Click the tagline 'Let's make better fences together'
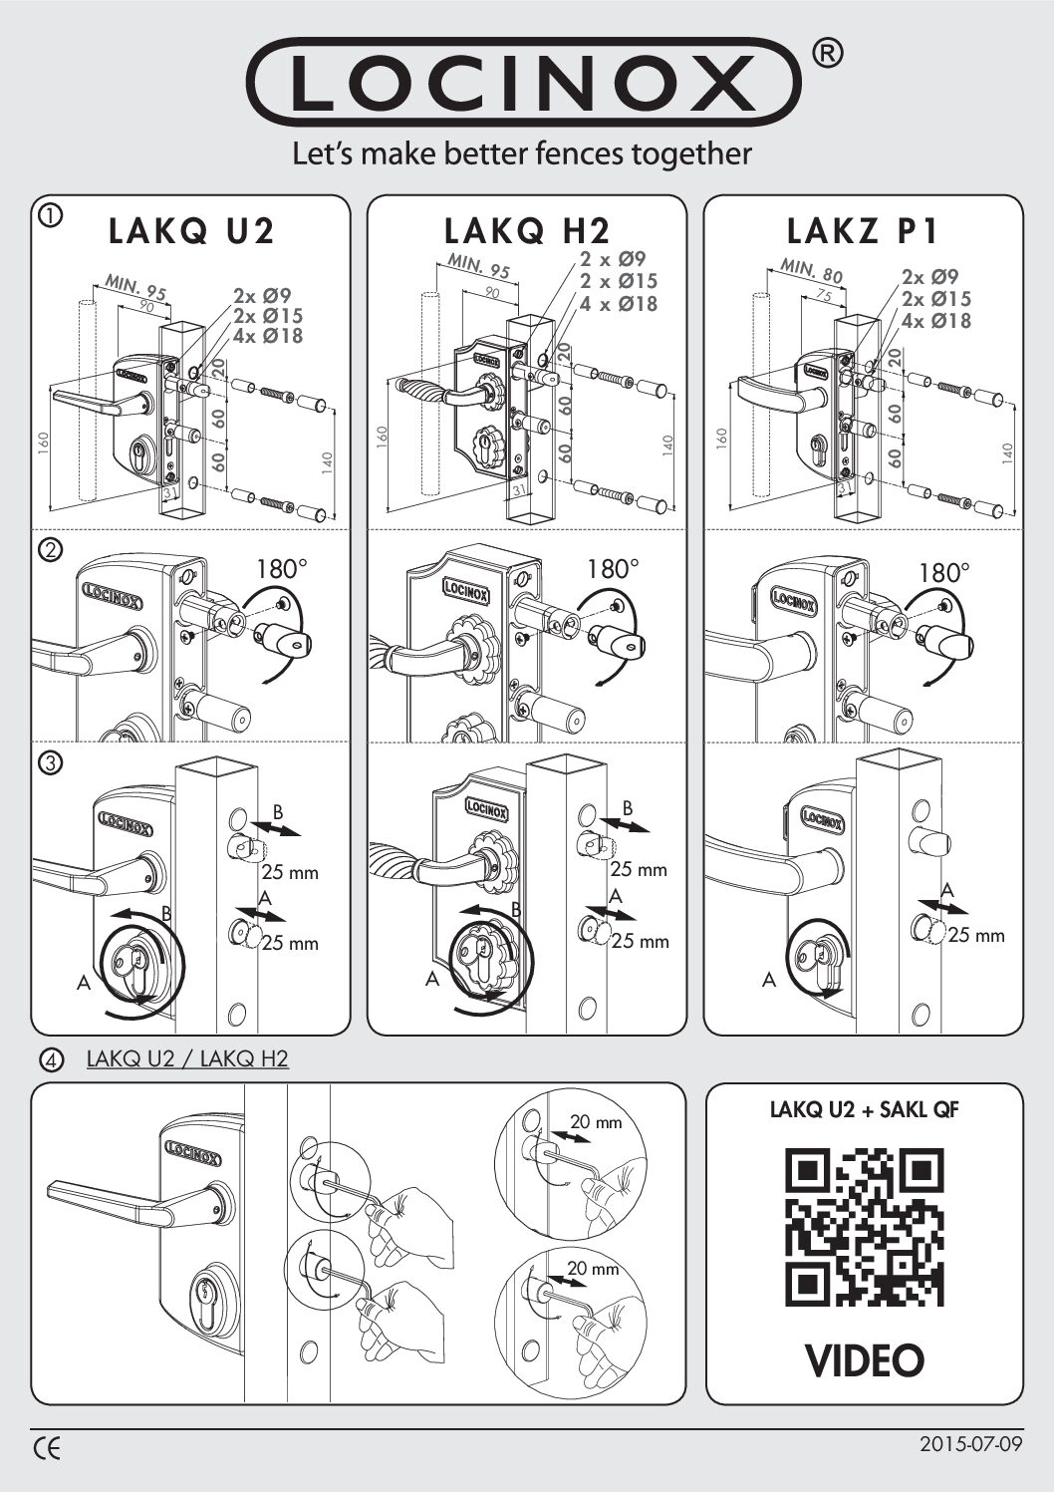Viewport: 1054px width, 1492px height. [521, 153]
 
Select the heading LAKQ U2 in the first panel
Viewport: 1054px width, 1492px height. [191, 230]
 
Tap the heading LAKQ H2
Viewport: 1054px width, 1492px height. [527, 230]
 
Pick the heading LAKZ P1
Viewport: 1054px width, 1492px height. [863, 230]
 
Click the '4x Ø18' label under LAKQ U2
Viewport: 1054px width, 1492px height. [268, 335]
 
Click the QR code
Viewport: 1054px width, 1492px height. [864, 1227]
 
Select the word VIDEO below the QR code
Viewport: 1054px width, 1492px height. [864, 1359]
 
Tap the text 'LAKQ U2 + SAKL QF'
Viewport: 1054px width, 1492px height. [864, 1109]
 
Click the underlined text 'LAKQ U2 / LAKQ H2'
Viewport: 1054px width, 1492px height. [187, 1057]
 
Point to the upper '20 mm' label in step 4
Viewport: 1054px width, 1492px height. [595, 1122]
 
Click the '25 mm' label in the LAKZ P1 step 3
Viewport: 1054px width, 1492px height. [975, 935]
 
